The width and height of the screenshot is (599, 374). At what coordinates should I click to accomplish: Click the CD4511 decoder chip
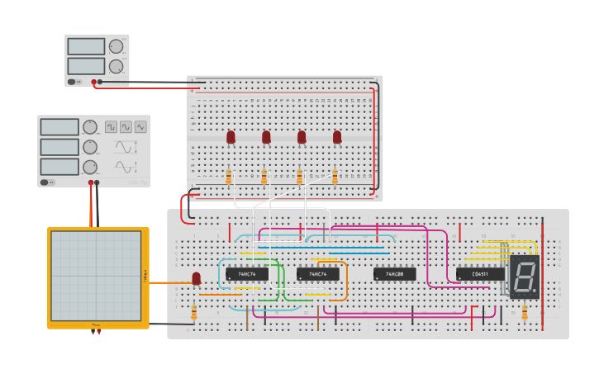(480, 273)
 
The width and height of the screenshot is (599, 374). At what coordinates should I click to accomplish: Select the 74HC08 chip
(394, 273)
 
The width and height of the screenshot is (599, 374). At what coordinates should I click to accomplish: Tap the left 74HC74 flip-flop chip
(246, 273)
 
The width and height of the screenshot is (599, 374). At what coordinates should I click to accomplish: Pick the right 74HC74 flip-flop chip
(317, 273)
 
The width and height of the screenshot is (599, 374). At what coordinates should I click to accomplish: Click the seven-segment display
(524, 277)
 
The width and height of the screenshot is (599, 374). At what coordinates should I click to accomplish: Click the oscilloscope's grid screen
(96, 275)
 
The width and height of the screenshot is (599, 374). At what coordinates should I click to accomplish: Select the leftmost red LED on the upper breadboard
(231, 136)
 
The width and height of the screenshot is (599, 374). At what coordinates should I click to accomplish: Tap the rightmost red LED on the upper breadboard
(337, 136)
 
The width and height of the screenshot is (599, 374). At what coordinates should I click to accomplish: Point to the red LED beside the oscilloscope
(196, 278)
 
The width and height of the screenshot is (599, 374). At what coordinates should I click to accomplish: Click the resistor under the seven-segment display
(524, 311)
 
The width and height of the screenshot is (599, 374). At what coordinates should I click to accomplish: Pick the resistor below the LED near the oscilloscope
(194, 312)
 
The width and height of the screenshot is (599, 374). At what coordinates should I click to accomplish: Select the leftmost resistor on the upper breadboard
(229, 176)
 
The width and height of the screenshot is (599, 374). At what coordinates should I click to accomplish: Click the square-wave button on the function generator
(111, 127)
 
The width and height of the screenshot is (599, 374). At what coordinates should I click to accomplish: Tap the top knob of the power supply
(116, 46)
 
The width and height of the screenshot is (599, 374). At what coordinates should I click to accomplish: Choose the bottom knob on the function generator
(89, 167)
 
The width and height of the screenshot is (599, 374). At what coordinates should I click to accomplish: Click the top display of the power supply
(86, 46)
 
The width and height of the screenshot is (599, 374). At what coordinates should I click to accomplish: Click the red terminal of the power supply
(94, 82)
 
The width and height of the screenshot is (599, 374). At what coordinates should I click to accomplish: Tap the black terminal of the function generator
(97, 182)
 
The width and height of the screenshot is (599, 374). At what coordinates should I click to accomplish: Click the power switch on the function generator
(50, 182)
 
